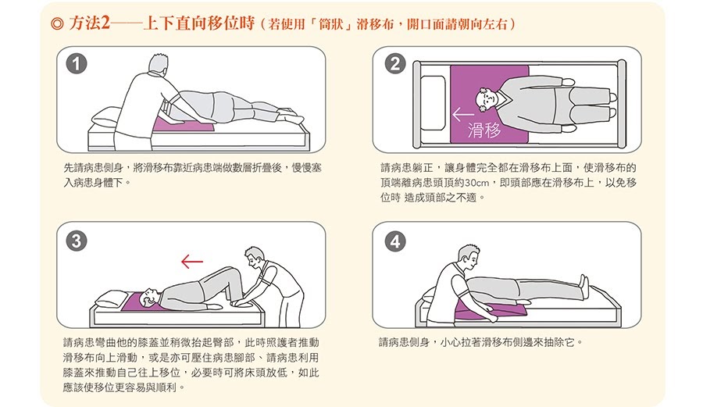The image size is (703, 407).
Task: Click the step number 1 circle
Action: (x=77, y=64)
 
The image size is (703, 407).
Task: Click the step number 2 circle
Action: (x=395, y=64)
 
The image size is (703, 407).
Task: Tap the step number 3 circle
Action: (x=77, y=241)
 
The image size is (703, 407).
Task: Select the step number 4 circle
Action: (x=395, y=242)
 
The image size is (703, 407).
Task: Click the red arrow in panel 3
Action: (x=192, y=262)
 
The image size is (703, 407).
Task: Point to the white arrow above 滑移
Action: (x=462, y=114)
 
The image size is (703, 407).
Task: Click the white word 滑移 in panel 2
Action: (x=484, y=130)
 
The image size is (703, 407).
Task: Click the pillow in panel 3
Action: (x=112, y=298)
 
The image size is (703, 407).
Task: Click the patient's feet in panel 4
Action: (x=583, y=284)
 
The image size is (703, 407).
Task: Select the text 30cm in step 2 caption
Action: (x=477, y=183)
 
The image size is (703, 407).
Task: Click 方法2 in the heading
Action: (x=89, y=23)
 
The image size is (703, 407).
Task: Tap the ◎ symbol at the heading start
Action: (x=57, y=23)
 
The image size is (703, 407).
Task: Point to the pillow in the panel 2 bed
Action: (x=433, y=105)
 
